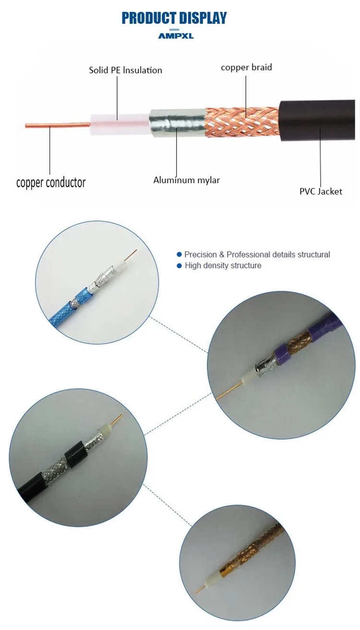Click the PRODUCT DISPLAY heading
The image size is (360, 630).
174,18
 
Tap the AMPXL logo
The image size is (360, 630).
176,36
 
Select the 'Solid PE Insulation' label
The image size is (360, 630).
125,70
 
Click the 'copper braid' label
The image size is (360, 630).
246,67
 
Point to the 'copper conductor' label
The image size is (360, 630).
51,183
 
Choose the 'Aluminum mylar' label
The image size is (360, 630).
186,180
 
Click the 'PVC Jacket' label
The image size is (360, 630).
321,191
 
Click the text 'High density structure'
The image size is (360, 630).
223,265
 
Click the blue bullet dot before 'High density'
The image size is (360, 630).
180,265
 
